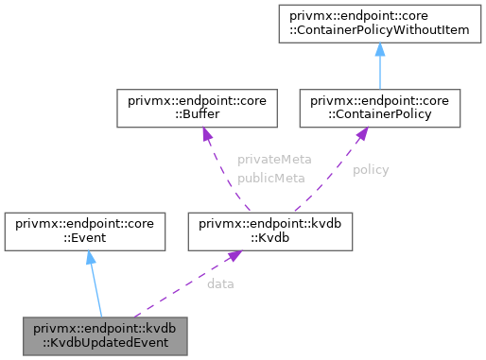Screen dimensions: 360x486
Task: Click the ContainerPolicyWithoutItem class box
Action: tap(379, 24)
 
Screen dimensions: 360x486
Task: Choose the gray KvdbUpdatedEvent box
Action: tap(105, 335)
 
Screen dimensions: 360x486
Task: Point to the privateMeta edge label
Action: tap(274, 160)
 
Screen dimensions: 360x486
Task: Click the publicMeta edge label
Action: tap(270, 177)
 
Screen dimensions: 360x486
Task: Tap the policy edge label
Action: tap(371, 170)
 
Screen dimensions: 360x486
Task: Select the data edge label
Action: tap(220, 283)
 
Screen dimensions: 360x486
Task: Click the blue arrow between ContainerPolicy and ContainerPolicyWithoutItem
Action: tap(379, 66)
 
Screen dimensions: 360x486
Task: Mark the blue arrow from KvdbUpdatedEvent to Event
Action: tap(93, 283)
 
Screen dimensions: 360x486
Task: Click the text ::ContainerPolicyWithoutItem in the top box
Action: tap(379, 31)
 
